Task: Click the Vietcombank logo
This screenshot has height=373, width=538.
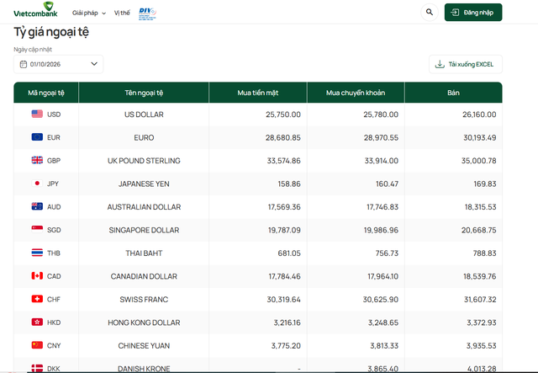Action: click(x=35, y=9)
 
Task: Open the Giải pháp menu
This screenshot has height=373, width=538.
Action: click(x=88, y=13)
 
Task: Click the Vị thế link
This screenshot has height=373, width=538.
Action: click(x=122, y=13)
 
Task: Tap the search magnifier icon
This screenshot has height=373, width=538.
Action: click(x=430, y=13)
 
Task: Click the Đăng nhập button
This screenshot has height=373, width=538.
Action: click(x=473, y=13)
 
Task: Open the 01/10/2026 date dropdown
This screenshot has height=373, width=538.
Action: click(x=58, y=64)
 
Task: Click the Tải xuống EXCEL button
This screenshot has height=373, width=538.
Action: click(x=465, y=64)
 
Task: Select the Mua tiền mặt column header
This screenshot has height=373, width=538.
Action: click(x=258, y=93)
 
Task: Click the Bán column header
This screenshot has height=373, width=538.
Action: click(x=453, y=93)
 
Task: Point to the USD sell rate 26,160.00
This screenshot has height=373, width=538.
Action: click(x=479, y=115)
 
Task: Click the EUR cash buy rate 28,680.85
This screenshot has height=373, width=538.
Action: click(x=282, y=137)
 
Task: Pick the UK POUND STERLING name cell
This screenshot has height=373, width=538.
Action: click(x=144, y=161)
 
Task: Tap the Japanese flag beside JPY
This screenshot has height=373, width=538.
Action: click(x=37, y=184)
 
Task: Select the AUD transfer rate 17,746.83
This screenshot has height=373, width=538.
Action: click(x=382, y=207)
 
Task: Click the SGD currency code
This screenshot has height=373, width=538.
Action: click(x=54, y=230)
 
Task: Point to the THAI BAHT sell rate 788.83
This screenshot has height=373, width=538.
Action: click(x=484, y=253)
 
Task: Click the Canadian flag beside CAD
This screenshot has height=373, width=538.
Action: click(x=37, y=275)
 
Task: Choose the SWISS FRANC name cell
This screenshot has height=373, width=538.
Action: click(x=144, y=300)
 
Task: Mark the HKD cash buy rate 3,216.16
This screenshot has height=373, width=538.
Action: click(x=287, y=322)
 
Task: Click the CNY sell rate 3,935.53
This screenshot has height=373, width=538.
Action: click(x=481, y=345)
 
